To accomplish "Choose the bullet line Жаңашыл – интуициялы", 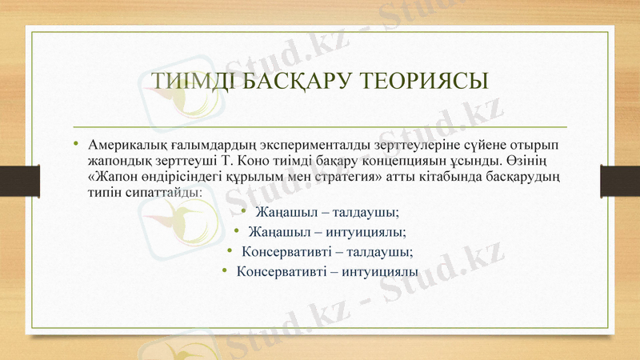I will [x=326, y=232].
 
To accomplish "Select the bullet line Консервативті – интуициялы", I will [x=327, y=271].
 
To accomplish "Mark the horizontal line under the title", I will [x=320, y=126].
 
